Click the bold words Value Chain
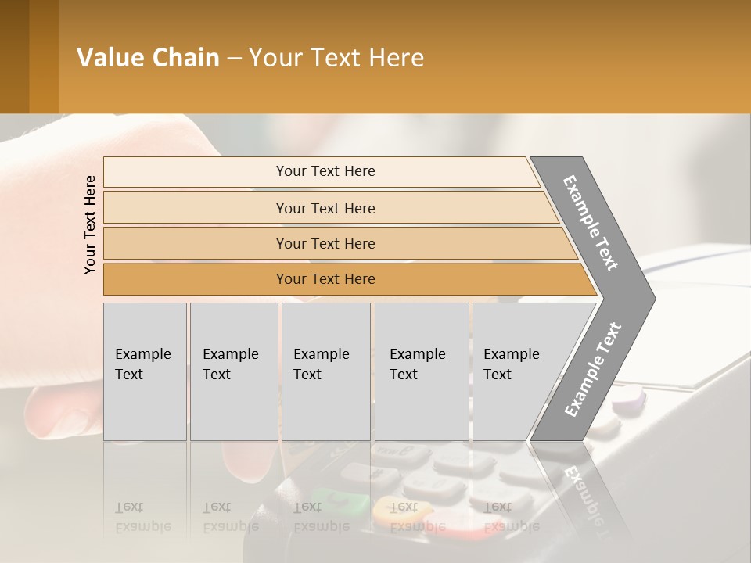point(148,58)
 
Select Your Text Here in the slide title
point(336,58)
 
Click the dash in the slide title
point(234,59)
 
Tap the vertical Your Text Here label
point(90,224)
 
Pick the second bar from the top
point(325,208)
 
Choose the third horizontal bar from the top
point(325,243)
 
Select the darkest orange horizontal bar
point(325,279)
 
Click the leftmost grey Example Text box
point(145,371)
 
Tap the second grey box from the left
point(233,371)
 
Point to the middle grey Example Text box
point(325,371)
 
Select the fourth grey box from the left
point(421,371)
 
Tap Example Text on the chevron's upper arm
point(591,223)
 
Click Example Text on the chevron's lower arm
point(592,369)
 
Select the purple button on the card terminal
point(628,402)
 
